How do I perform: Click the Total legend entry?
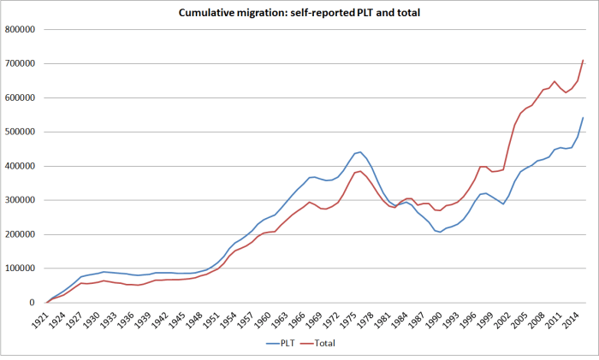[x=315, y=343]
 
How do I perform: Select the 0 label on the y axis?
[x=35, y=303]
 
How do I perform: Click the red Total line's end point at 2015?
[x=584, y=60]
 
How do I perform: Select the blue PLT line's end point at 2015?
[x=584, y=118]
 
